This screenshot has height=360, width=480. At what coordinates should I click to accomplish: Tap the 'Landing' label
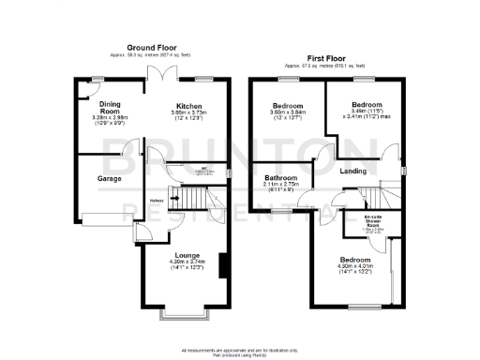point(352,171)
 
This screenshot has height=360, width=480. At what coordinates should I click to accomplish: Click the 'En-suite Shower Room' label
point(372,222)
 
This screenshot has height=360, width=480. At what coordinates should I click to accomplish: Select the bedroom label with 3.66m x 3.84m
point(287,106)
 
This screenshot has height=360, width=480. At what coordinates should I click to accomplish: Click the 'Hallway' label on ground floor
point(157,200)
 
